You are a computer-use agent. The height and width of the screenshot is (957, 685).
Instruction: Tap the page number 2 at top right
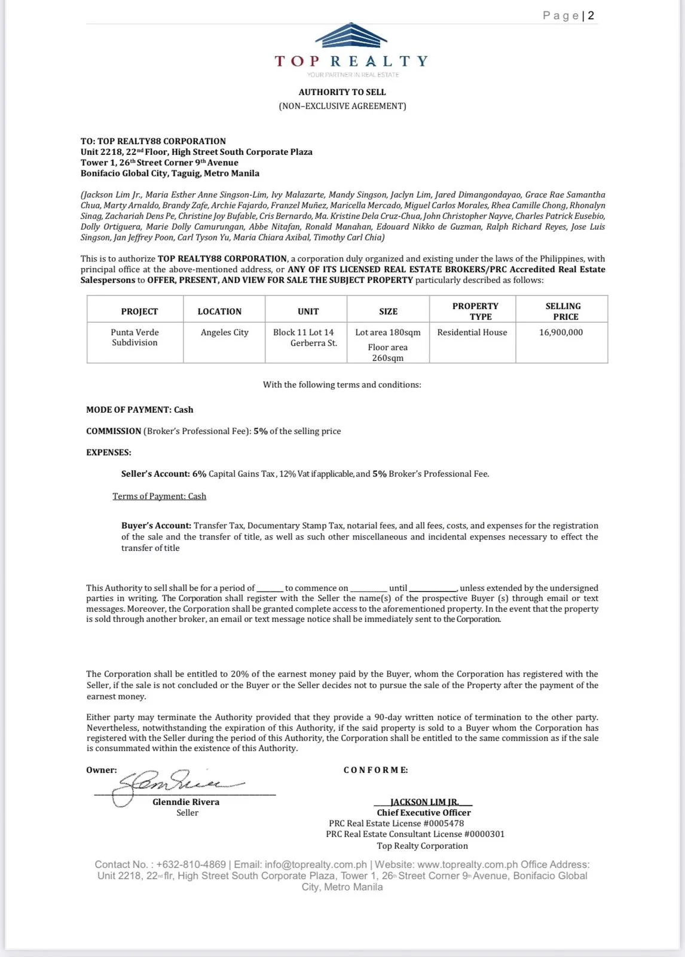tap(591, 16)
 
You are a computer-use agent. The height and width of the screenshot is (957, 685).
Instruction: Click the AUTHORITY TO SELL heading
tap(342, 92)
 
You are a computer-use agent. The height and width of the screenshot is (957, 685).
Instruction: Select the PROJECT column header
tap(139, 312)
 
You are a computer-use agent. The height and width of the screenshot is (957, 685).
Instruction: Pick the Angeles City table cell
tap(224, 333)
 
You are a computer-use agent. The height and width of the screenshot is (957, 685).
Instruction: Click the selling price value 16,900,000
tap(561, 333)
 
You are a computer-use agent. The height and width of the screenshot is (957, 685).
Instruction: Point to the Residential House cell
tap(472, 333)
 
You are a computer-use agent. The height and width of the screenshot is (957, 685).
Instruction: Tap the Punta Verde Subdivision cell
tap(134, 337)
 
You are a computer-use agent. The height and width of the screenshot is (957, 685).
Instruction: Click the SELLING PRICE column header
tap(562, 311)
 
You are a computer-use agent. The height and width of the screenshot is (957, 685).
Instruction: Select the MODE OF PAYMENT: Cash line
tap(140, 410)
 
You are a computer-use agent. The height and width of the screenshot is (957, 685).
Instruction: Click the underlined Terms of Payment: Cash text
tap(159, 496)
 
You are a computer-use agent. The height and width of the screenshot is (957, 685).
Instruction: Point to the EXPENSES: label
tap(109, 453)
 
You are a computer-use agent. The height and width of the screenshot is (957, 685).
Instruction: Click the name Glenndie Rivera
tap(186, 802)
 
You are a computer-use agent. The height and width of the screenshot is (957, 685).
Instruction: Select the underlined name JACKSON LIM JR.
tap(424, 802)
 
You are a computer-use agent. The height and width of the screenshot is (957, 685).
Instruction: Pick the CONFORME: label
tap(375, 770)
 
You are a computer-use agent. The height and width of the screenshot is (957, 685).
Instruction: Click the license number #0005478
tap(444, 824)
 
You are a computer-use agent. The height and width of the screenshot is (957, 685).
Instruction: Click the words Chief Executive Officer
tap(424, 813)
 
